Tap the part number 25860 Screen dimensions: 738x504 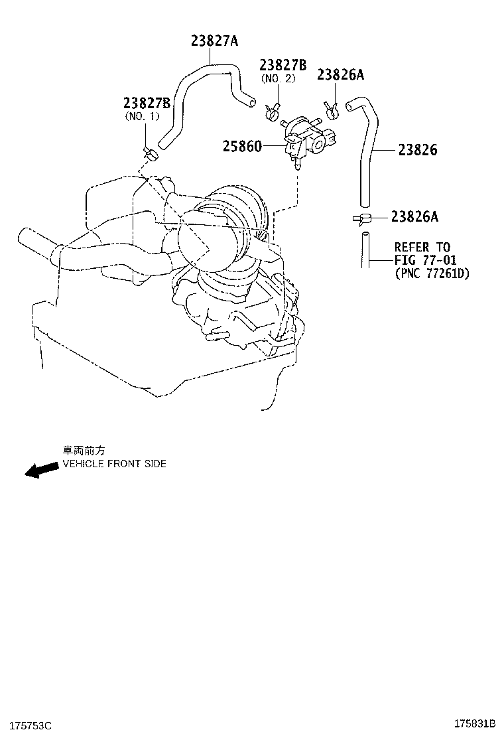241,145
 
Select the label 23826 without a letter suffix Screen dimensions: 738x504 418,150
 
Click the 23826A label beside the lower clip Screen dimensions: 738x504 414,216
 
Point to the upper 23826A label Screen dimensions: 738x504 340,74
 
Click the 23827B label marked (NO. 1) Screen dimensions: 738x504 147,103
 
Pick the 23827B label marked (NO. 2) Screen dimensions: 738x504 283,65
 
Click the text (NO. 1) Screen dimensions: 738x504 143,115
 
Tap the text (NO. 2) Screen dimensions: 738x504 278,78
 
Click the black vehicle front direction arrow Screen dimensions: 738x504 40,469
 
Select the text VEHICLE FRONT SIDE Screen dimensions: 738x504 114,464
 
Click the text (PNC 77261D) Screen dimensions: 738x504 432,273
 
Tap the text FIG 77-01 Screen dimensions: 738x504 425,260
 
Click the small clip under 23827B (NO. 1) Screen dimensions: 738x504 150,155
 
